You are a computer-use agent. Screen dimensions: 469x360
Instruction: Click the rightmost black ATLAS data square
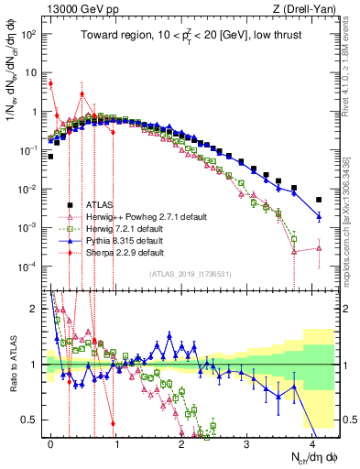click(x=319, y=200)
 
